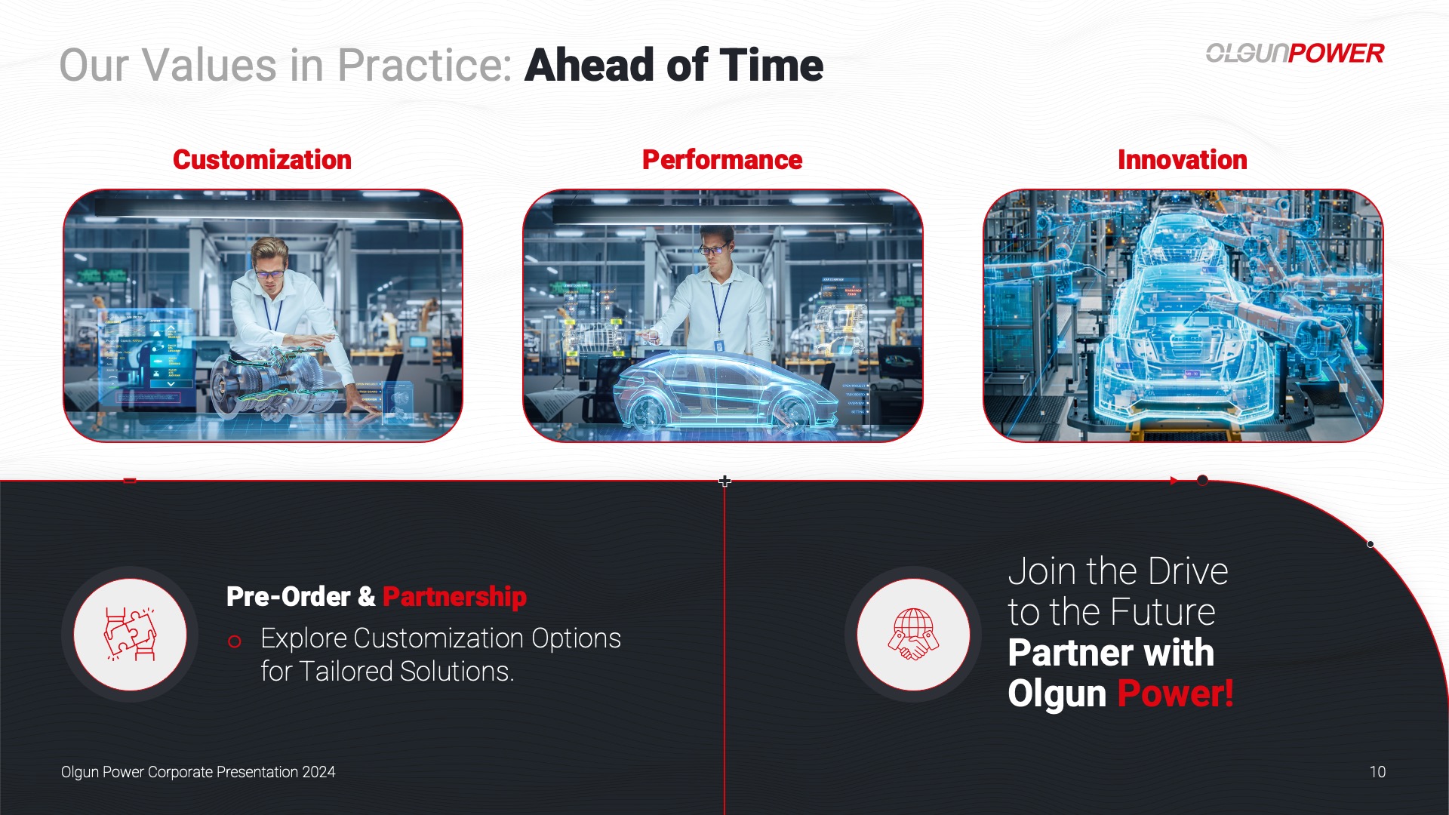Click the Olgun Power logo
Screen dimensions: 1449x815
[x=1295, y=53]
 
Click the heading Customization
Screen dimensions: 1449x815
[x=262, y=160]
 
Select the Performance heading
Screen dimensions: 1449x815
[x=722, y=160]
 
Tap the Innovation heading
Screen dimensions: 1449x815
[x=1183, y=160]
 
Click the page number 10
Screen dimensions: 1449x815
[x=1377, y=772]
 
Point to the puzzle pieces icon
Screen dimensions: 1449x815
[x=130, y=634]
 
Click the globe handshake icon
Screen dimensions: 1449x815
[x=913, y=634]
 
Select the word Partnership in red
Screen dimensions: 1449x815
[x=454, y=596]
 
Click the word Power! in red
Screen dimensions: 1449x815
[x=1175, y=693]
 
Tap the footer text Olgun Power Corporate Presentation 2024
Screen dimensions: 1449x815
[x=198, y=772]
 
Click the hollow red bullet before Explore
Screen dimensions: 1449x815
[x=235, y=641]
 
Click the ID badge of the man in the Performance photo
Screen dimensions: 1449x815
[x=718, y=345]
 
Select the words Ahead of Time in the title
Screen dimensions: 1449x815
[x=674, y=65]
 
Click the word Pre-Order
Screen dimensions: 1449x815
[x=288, y=596]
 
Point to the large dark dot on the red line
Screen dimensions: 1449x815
[x=1202, y=480]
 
